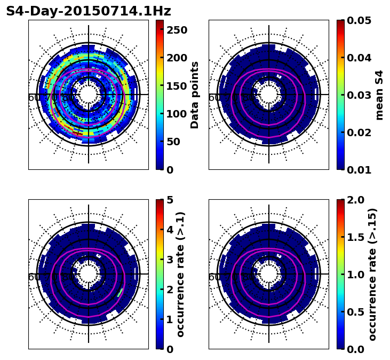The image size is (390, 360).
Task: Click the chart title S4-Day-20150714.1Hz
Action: pos(89,11)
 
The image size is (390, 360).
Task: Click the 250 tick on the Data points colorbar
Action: pos(177,30)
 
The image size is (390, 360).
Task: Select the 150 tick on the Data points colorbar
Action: pos(177,86)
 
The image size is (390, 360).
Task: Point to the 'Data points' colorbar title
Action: pos(195,95)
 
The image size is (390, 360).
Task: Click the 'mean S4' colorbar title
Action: pos(379,95)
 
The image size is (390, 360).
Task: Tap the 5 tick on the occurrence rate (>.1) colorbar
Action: pos(169,200)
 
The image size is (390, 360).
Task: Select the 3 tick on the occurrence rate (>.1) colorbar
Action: pos(169,260)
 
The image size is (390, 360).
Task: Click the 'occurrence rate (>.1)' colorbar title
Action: pos(180,274)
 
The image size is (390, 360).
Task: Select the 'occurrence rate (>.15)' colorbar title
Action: pos(372,274)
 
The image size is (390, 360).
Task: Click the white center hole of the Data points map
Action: pos(89,95)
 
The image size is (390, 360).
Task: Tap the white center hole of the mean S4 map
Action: pos(269,95)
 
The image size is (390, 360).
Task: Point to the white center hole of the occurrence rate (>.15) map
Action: pos(269,274)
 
